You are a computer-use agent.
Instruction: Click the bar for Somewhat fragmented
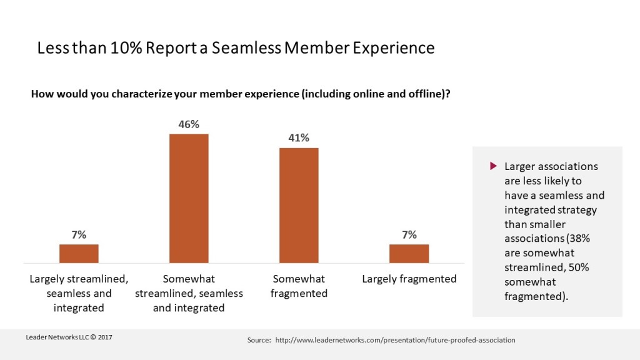(x=299, y=205)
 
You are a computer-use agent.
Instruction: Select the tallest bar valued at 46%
(x=189, y=198)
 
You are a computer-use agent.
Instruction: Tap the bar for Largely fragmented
(x=409, y=253)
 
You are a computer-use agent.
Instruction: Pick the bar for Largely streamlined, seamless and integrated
(x=79, y=253)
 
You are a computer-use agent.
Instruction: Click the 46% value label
(x=189, y=124)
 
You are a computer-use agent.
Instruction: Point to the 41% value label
(x=299, y=138)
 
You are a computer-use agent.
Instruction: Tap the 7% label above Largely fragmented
(x=409, y=235)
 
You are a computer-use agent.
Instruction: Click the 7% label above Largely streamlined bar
(x=79, y=235)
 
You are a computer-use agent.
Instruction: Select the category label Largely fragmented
(x=409, y=279)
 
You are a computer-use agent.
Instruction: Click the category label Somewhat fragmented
(x=299, y=286)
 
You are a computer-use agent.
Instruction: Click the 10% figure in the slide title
(x=127, y=48)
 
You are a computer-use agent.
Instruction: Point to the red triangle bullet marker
(x=492, y=166)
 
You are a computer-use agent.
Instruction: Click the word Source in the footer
(x=258, y=340)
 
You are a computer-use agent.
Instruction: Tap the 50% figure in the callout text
(x=563, y=267)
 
